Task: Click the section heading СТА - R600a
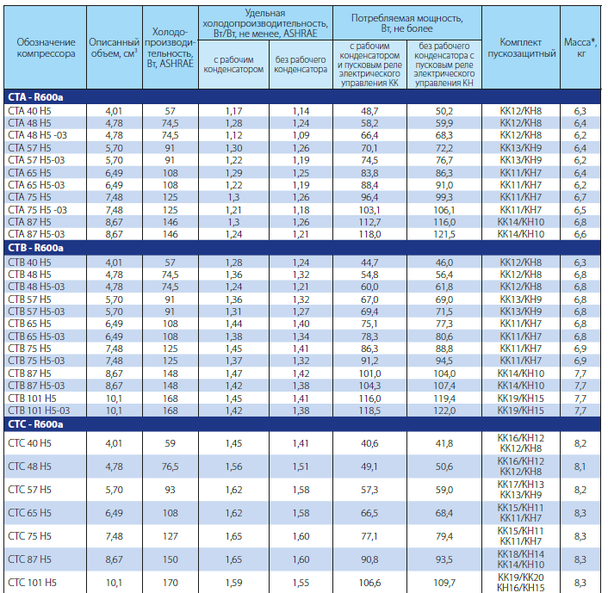(x=35, y=97)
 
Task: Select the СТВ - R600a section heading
(x=35, y=248)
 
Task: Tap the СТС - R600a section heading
(x=35, y=424)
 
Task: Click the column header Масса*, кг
(x=580, y=47)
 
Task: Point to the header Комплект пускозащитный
(x=521, y=47)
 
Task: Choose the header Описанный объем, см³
(x=114, y=47)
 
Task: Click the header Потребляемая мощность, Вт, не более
(x=406, y=23)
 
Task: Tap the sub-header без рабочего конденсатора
(x=301, y=65)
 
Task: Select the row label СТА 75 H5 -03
(x=37, y=210)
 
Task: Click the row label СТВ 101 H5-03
(x=39, y=410)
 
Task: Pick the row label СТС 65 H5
(x=29, y=513)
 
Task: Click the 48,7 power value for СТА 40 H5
(x=369, y=111)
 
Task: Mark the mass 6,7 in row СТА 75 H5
(x=580, y=197)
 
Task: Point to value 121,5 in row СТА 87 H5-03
(x=444, y=234)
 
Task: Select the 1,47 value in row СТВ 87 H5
(x=234, y=374)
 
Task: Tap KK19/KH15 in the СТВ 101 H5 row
(x=521, y=398)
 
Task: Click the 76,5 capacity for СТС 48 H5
(x=171, y=466)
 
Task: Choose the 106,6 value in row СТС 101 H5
(x=369, y=583)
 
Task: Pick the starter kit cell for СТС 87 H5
(x=521, y=559)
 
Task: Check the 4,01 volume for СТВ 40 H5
(x=114, y=263)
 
